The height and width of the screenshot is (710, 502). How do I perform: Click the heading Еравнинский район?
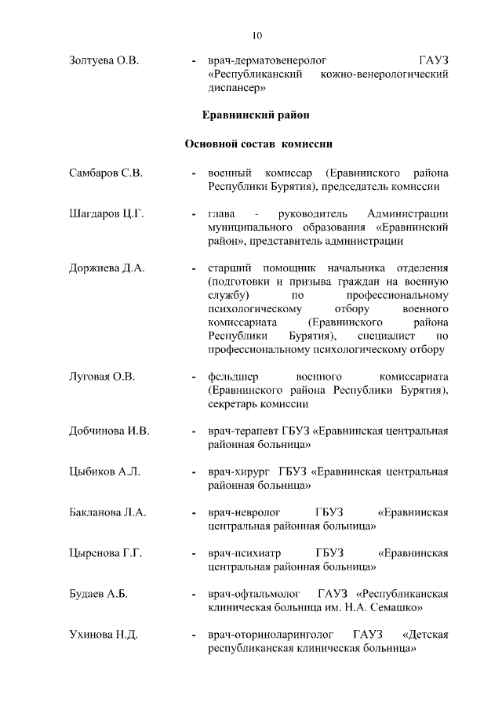tap(256, 115)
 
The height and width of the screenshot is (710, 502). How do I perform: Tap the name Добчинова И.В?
tap(109, 431)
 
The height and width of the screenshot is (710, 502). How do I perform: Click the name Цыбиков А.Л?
tap(105, 472)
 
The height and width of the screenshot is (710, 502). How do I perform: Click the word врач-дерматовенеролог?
tap(267, 60)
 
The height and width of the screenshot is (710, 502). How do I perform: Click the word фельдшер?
tap(233, 377)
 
